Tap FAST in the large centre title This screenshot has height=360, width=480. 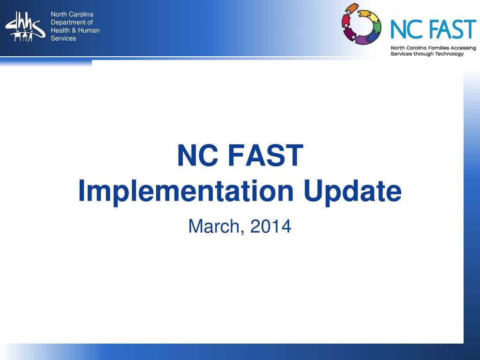coord(266,156)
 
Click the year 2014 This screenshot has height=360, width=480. coord(270,226)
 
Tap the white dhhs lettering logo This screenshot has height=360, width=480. coord(25,27)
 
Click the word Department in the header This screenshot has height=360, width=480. coord(72,22)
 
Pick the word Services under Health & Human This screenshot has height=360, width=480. coord(63,38)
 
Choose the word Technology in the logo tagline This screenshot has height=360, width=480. coord(447,54)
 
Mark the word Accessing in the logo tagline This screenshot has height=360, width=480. coord(462,48)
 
